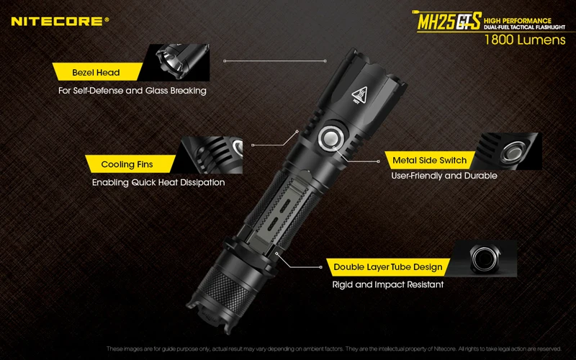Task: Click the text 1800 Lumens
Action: pos(525,40)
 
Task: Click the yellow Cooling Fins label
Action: pos(127,164)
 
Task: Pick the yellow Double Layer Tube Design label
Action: pos(387,267)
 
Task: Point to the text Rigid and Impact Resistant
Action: pos(387,285)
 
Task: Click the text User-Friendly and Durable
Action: pos(444,176)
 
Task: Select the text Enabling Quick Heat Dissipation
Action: pos(158,182)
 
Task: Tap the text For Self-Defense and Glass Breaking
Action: pos(132,91)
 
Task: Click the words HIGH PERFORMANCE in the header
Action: pos(518,19)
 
